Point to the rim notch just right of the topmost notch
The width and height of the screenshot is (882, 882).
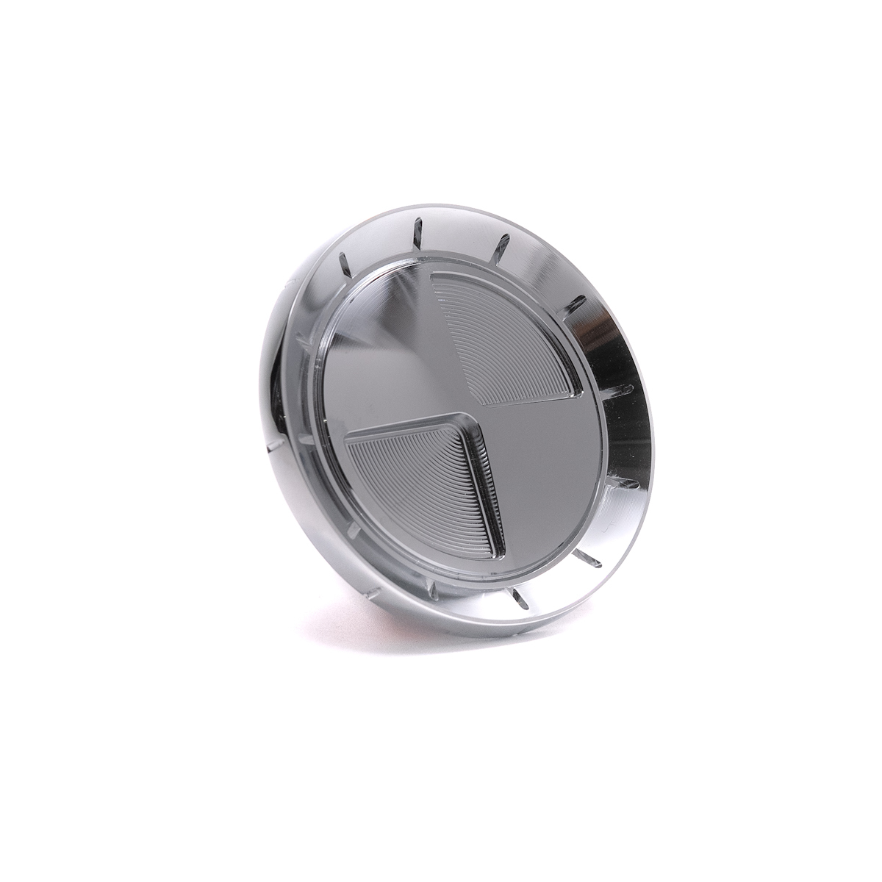[503, 243]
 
